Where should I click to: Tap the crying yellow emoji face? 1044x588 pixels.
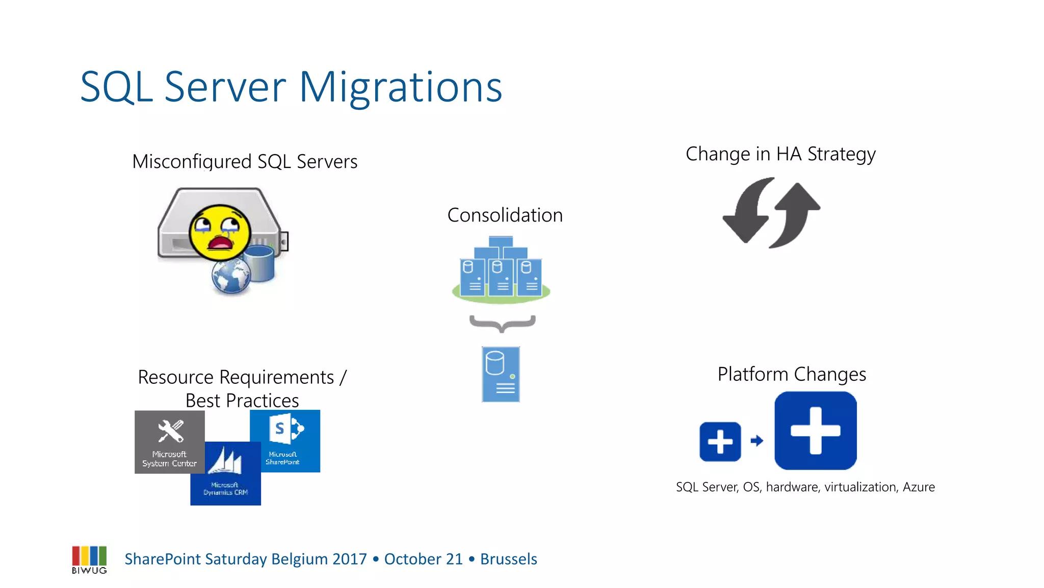pyautogui.click(x=220, y=233)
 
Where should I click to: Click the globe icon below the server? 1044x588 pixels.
pyautogui.click(x=230, y=278)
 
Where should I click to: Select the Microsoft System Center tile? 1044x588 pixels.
pyautogui.click(x=169, y=442)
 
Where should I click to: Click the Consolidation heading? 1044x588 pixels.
pyautogui.click(x=505, y=215)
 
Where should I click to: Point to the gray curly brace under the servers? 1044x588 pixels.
pyautogui.click(x=502, y=323)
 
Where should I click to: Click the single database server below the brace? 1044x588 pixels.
pyautogui.click(x=501, y=374)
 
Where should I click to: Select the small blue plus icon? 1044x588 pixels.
pyautogui.click(x=720, y=442)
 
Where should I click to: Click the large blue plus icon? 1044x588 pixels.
pyautogui.click(x=815, y=430)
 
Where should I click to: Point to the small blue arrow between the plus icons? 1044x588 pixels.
pyautogui.click(x=757, y=440)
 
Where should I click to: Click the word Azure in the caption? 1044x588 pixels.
pyautogui.click(x=919, y=487)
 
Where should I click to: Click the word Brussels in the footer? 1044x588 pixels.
pyautogui.click(x=508, y=559)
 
